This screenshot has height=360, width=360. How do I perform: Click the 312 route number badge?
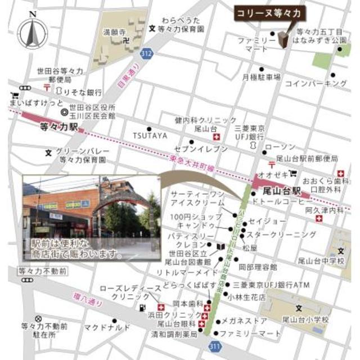point(147,53)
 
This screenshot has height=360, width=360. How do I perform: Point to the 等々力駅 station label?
point(59,128)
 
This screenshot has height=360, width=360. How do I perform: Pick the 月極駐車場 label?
point(262,76)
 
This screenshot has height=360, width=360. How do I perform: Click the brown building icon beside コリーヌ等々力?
point(282,39)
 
